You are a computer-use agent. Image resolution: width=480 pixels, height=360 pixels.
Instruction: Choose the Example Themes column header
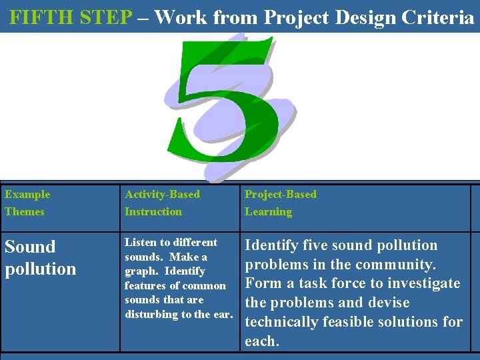pos(27,203)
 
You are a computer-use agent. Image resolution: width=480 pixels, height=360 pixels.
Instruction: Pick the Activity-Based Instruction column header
pos(162,203)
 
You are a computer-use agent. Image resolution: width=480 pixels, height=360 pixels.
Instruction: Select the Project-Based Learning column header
pos(280,203)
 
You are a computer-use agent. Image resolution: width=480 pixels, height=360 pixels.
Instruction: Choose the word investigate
pos(427,283)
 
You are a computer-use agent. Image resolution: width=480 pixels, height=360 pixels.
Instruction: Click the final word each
pos(260,341)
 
